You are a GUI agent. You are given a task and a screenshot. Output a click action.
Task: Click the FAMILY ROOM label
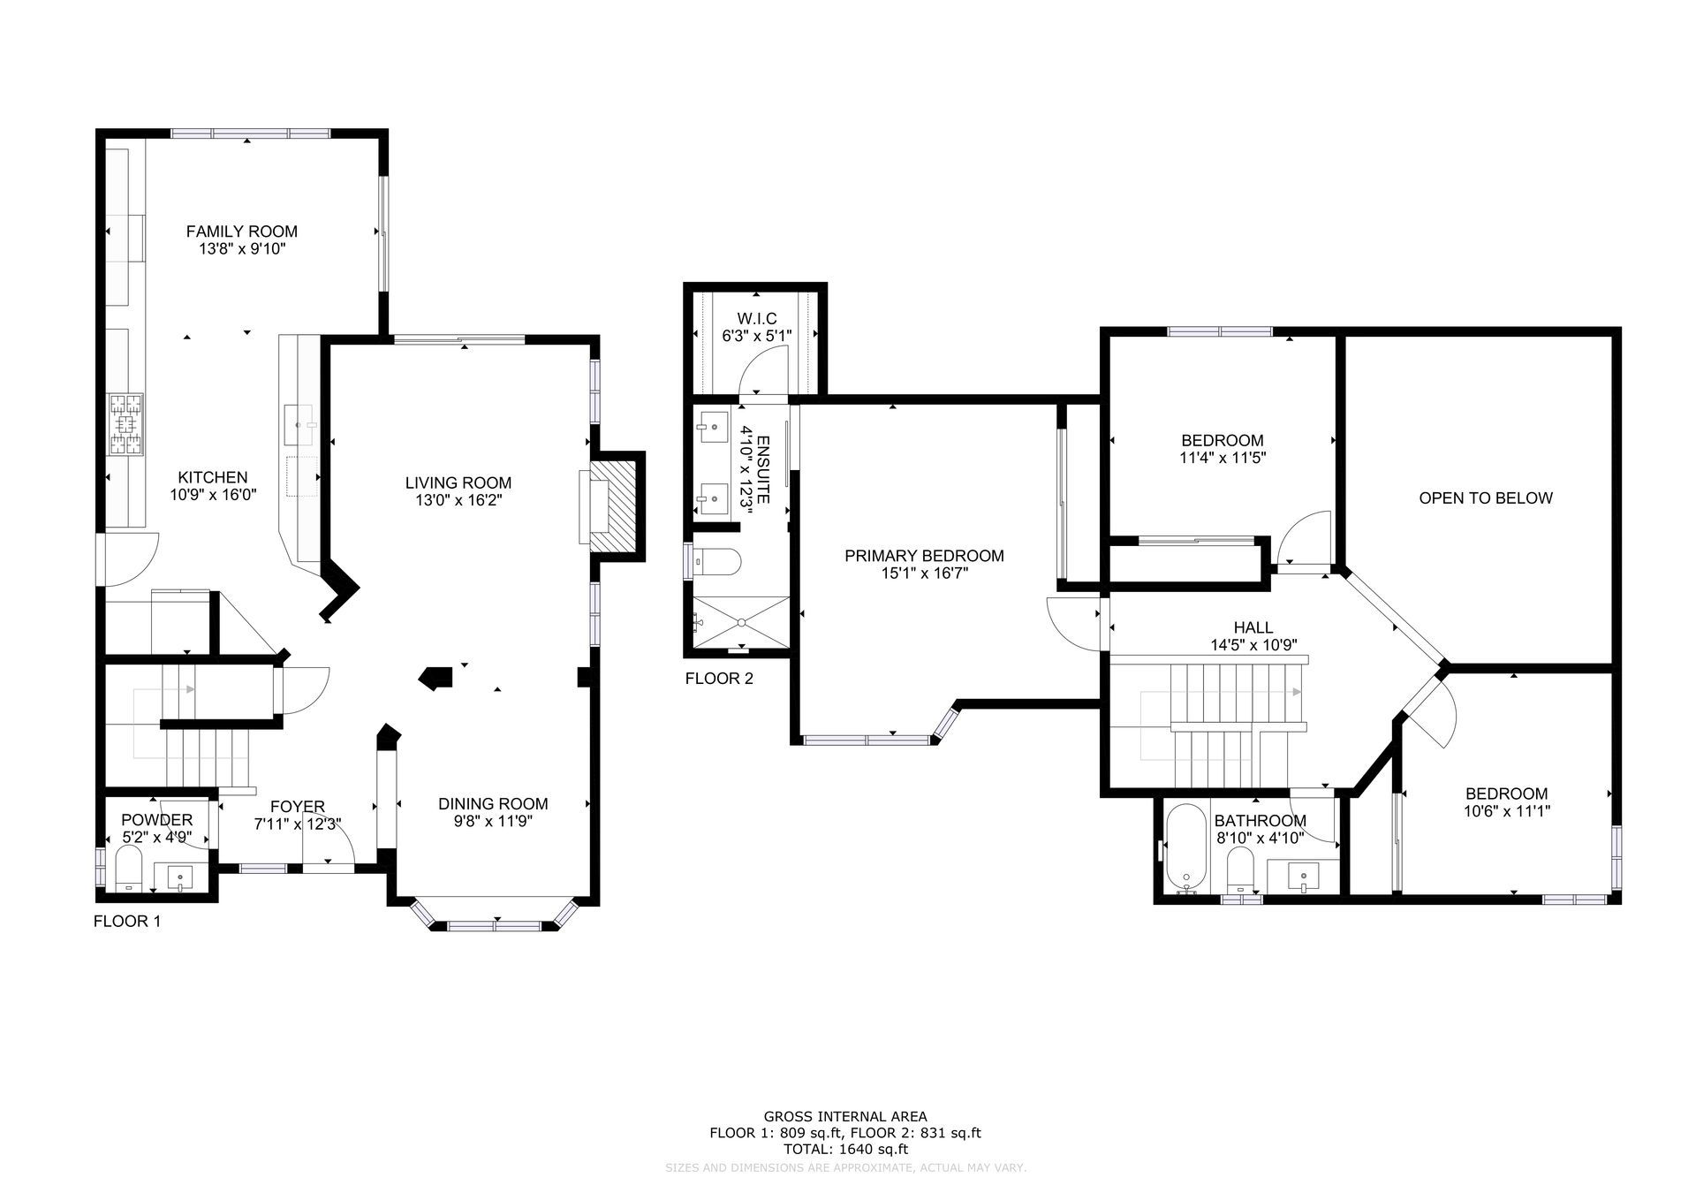241,232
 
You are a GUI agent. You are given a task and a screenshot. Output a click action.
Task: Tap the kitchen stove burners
125,425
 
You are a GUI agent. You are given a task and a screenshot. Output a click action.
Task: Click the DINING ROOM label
493,804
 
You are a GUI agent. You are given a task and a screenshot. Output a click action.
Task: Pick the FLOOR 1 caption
127,922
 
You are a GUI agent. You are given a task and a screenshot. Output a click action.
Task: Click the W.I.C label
757,318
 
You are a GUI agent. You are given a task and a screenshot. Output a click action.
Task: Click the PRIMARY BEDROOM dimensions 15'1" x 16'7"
924,573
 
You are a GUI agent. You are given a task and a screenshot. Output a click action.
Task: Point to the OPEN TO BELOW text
1486,498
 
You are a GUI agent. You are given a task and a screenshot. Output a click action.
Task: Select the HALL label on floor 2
1253,628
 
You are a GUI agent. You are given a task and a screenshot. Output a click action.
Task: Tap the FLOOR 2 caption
719,679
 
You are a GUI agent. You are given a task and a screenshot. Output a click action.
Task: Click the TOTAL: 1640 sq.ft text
846,1149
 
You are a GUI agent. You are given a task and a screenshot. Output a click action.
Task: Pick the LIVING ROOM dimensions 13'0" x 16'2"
458,500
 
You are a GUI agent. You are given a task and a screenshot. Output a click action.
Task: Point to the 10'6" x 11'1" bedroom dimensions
1507,810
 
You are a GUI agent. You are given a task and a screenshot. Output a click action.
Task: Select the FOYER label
298,807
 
